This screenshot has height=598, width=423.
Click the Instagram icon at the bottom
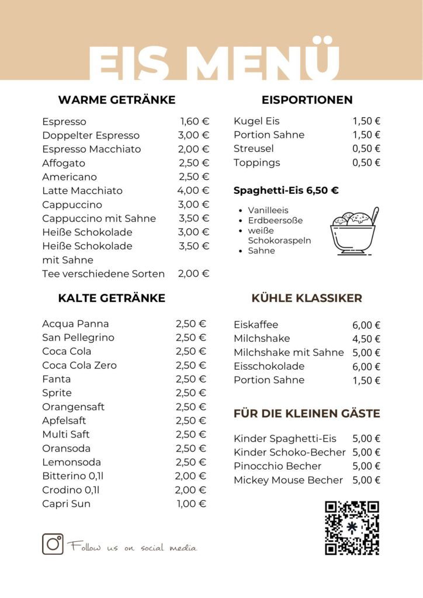click(x=53, y=544)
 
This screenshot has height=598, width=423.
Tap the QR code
click(x=352, y=528)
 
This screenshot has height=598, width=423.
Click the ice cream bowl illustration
click(x=354, y=232)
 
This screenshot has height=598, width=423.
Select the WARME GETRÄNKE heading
click(x=117, y=100)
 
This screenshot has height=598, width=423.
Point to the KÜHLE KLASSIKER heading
click(x=307, y=298)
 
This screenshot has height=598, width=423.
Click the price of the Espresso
click(x=195, y=121)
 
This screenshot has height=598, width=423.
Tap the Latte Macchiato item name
click(x=82, y=191)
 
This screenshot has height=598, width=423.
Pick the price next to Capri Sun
click(x=191, y=504)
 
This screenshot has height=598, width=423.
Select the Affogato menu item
click(x=64, y=163)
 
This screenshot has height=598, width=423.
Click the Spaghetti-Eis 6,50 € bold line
click(x=286, y=190)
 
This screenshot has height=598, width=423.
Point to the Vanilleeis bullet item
click(x=268, y=210)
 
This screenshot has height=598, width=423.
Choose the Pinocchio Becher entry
click(x=278, y=466)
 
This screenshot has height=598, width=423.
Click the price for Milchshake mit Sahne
click(x=366, y=353)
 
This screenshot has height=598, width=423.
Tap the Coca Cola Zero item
click(x=79, y=366)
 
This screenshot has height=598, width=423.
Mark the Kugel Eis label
click(x=256, y=121)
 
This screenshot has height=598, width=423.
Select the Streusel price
click(x=366, y=149)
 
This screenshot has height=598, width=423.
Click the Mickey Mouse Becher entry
click(x=288, y=480)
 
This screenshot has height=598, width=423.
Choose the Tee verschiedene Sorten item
click(x=103, y=274)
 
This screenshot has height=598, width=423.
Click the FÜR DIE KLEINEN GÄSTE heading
click(x=307, y=414)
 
